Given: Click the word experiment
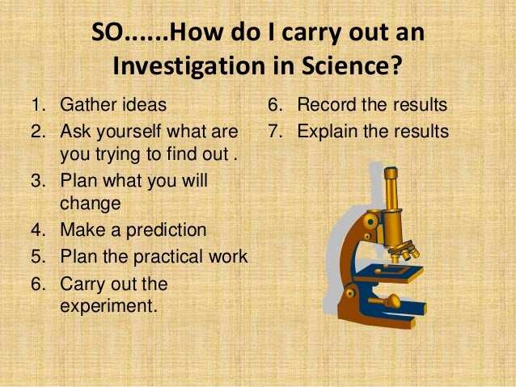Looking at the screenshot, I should [x=107, y=307].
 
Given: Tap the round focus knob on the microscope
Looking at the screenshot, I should [x=394, y=301].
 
